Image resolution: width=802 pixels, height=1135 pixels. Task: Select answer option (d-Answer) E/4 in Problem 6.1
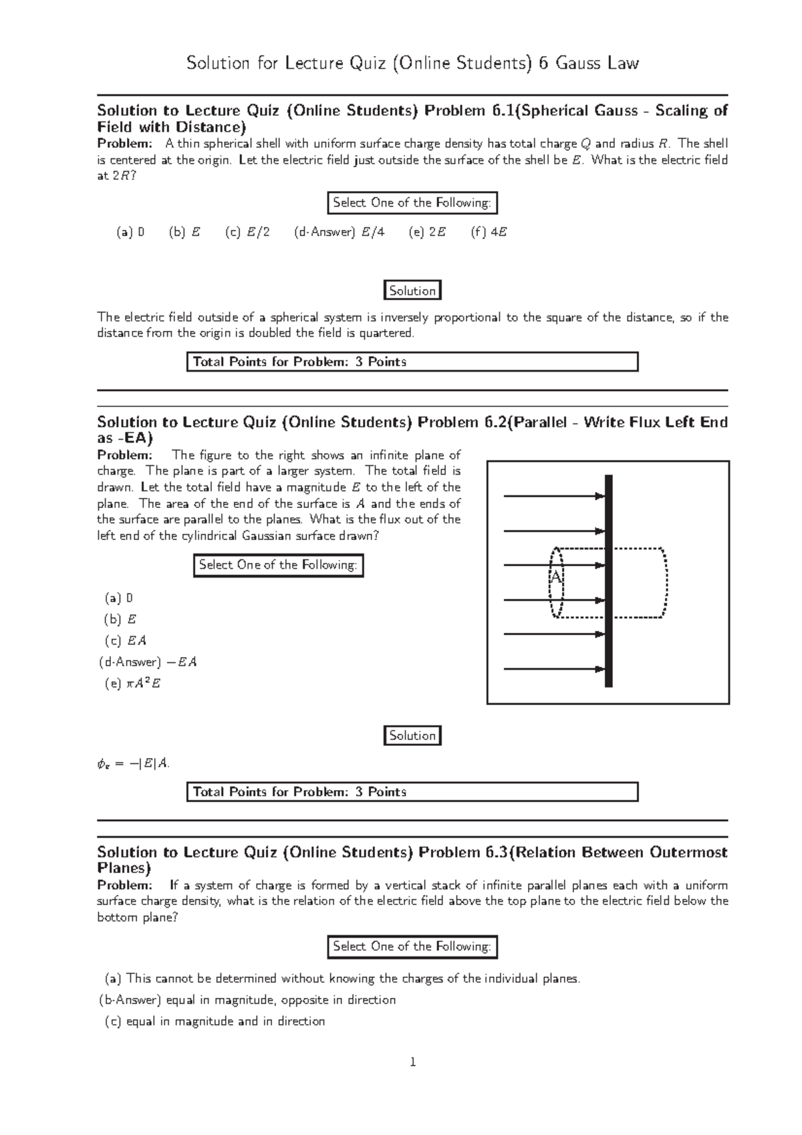click(339, 233)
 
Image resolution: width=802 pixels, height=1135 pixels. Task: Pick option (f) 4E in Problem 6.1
click(489, 233)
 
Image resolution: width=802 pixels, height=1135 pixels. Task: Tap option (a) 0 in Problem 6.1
click(130, 233)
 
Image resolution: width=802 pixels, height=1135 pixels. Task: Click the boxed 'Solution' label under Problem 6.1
click(412, 291)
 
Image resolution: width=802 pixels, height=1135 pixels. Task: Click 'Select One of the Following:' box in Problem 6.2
click(278, 565)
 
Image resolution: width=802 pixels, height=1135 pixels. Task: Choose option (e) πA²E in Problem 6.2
click(133, 684)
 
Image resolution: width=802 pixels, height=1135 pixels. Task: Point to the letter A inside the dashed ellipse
click(555, 577)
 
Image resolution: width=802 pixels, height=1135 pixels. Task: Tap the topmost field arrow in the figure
click(553, 496)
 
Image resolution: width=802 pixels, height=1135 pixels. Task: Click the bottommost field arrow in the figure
click(553, 668)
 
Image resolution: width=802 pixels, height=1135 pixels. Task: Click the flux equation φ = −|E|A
click(133, 764)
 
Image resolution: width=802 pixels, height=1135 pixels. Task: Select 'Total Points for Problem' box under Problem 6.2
click(412, 792)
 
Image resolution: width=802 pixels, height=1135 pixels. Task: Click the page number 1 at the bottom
click(413, 1061)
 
